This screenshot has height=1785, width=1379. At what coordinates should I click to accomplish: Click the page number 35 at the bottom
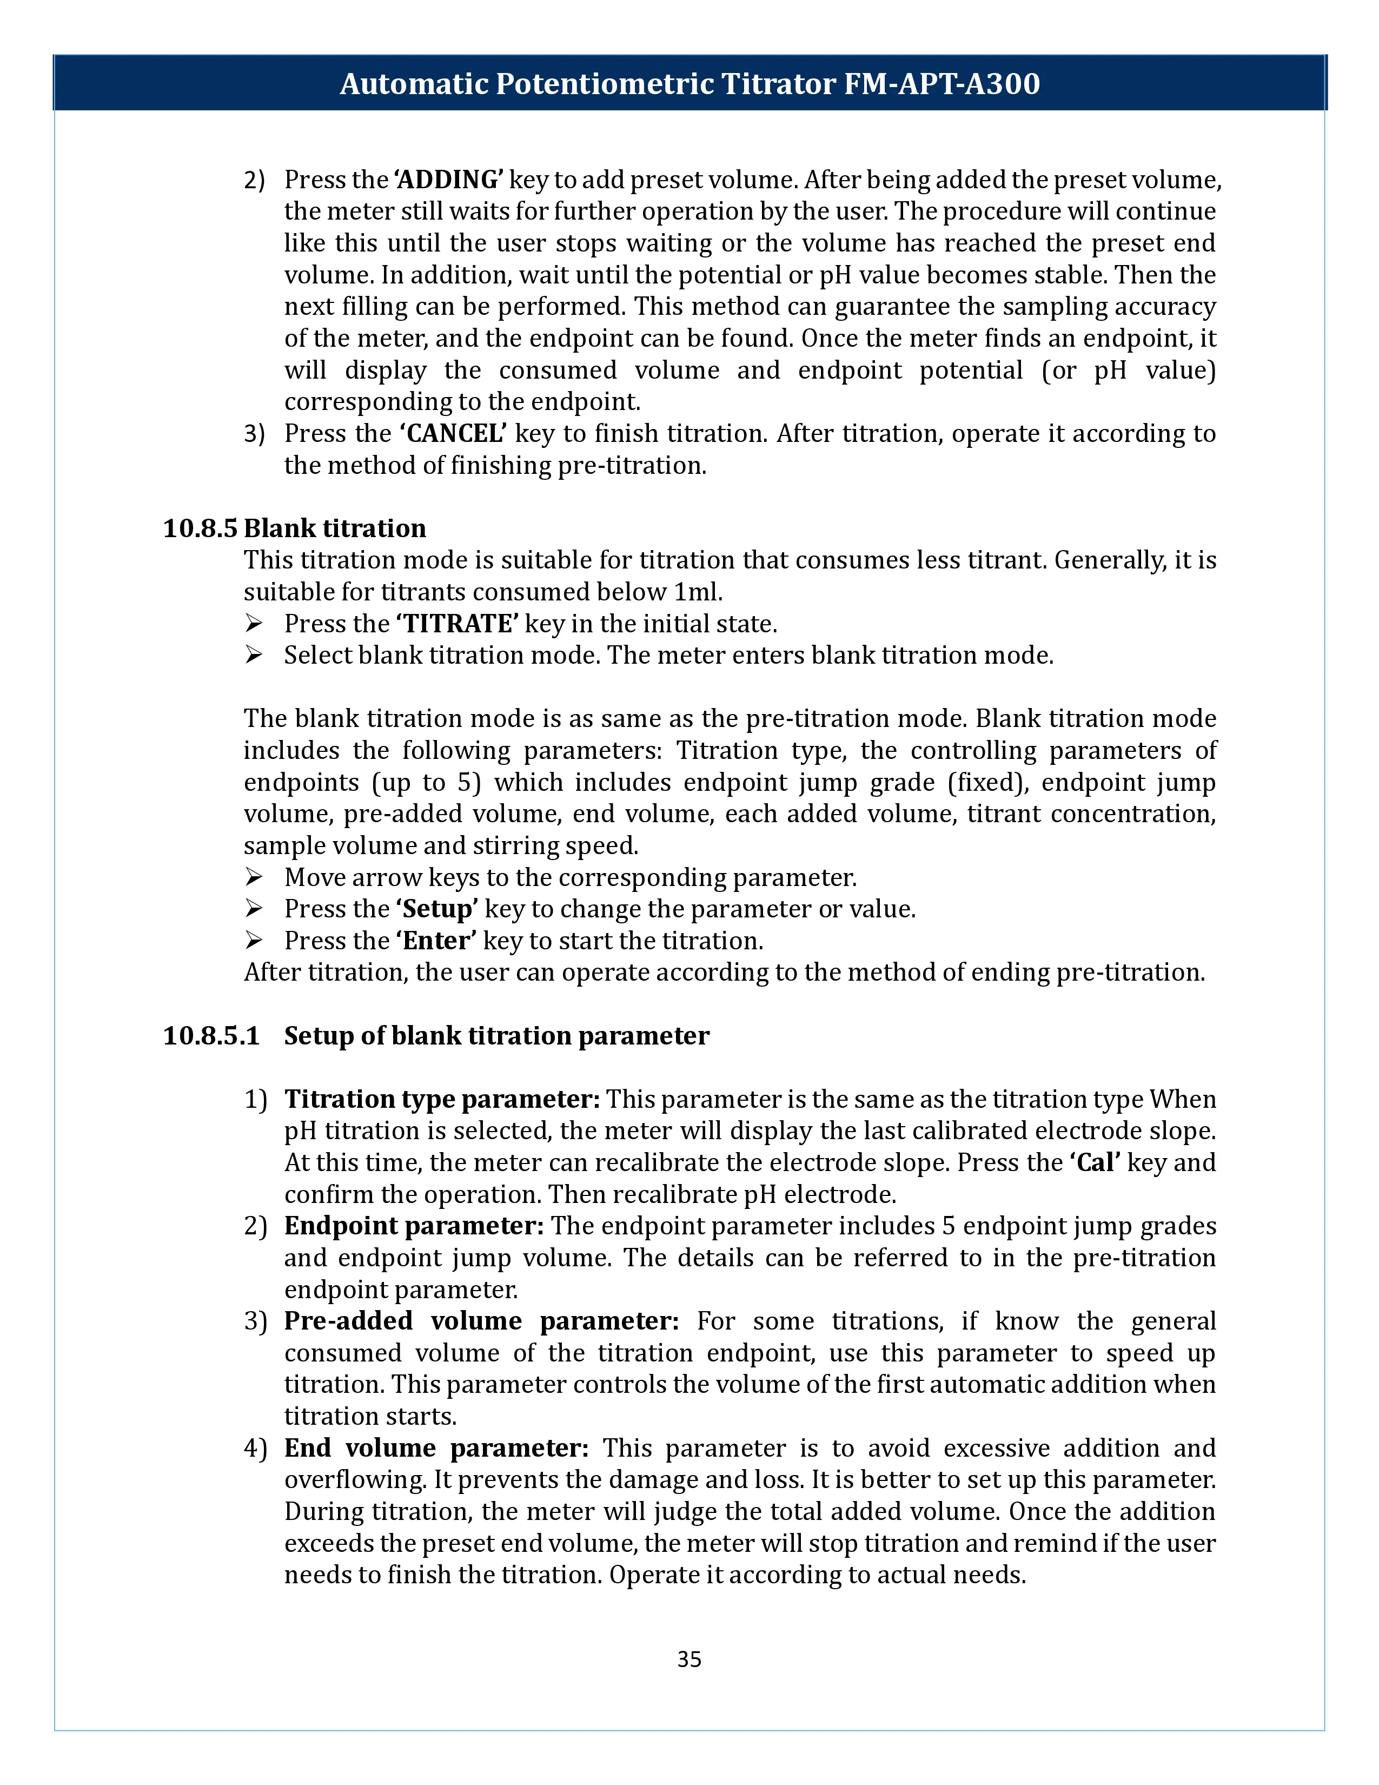click(x=688, y=1659)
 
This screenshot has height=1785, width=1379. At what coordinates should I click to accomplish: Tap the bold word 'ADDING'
click(x=448, y=180)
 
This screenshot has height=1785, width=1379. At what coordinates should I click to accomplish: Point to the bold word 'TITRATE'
click(x=458, y=624)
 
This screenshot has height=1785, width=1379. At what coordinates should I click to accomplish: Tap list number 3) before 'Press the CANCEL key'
click(x=255, y=434)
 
